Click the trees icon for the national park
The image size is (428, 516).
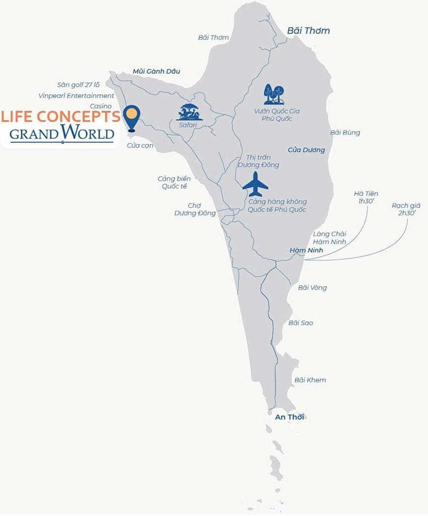273,94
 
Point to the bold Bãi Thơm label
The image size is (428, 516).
308,30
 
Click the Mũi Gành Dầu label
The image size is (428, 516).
157,71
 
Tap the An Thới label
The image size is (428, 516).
289,417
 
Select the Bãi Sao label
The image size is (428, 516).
301,323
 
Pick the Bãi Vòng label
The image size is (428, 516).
312,288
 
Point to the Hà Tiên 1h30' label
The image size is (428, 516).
366,198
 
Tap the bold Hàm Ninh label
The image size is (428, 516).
304,250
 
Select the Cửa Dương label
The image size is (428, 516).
307,150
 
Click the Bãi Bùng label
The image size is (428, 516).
345,133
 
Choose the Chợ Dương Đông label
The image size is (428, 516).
195,209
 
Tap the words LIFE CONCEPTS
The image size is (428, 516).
60,116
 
